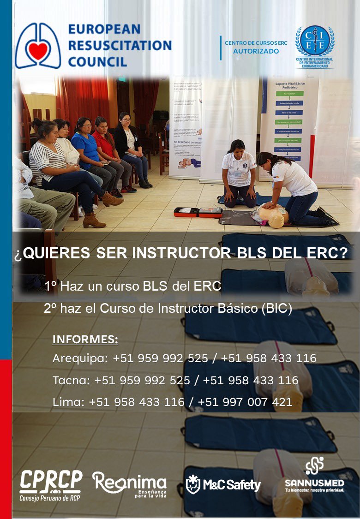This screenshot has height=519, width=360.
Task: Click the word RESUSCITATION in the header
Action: tap(120, 45)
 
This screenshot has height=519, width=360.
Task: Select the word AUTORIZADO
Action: tap(256, 51)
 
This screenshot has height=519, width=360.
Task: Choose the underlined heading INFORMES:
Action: tap(85, 340)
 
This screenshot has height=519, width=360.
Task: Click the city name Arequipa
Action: tap(80, 358)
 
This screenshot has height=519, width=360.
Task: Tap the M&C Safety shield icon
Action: tap(193, 484)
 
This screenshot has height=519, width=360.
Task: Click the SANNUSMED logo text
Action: tap(314, 483)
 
